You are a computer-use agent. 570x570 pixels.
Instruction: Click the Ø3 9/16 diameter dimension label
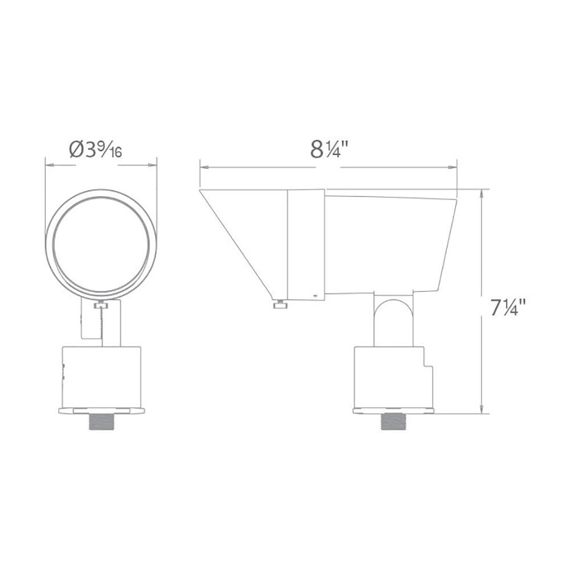pos(96,149)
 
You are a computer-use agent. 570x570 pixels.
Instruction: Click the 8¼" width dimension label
pos(329,149)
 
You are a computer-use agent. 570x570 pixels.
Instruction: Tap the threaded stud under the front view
pos(101,422)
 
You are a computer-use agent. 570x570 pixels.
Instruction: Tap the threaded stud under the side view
pos(393,422)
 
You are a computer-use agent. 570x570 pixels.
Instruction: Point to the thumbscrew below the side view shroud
pos(280,304)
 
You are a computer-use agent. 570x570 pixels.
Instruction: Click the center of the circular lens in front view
pos(101,241)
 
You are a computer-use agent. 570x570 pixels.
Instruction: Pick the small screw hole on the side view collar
pos(315,296)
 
